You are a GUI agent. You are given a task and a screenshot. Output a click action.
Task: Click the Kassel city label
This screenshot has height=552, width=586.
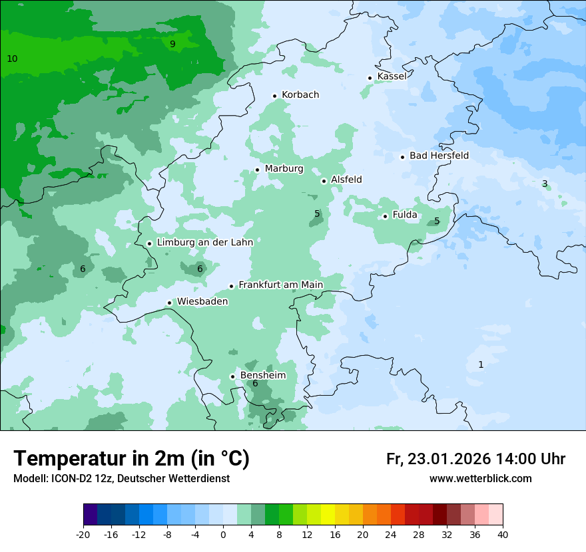392,76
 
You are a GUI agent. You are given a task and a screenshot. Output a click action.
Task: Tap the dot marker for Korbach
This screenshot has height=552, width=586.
274,96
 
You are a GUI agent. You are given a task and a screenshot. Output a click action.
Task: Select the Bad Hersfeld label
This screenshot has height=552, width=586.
439,156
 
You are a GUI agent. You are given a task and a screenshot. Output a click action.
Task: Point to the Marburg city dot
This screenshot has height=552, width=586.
258,170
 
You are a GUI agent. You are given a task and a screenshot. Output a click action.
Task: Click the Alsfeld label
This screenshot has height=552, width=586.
346,180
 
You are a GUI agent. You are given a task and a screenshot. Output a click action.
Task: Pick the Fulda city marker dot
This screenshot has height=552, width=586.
385,216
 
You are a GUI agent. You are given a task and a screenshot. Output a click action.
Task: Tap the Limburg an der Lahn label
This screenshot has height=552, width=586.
204,243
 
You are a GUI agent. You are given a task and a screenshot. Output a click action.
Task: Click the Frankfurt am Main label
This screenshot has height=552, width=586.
280,285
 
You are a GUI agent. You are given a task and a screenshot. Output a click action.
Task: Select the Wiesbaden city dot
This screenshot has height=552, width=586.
170,303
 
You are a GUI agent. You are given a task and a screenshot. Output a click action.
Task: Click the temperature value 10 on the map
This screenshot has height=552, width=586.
12,59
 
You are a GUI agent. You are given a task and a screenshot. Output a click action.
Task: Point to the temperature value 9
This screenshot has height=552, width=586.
172,44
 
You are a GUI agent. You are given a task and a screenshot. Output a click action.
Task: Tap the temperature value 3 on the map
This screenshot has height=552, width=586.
545,184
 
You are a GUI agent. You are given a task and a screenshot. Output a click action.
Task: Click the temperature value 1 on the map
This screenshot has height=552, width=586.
481,364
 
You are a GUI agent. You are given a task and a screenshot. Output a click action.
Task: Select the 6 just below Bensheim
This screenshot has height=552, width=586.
254,383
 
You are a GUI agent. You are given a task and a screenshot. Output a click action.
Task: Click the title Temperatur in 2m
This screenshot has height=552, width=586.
131,459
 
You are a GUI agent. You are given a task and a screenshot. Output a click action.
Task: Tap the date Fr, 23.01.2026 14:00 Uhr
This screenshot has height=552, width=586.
475,459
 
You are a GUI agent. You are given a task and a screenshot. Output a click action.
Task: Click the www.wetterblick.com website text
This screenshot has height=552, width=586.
480,478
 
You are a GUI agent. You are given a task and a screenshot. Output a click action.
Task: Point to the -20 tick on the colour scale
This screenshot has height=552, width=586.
83,534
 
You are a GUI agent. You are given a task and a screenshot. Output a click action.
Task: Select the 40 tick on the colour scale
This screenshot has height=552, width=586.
503,534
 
